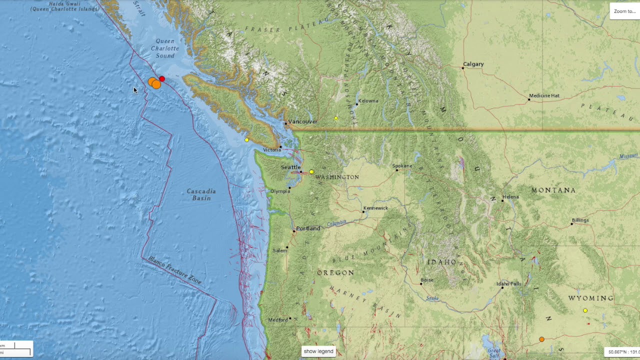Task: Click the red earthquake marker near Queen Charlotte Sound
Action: (162, 79)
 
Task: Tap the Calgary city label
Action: (473, 64)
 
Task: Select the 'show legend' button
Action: (318, 351)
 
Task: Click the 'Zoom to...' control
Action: (624, 11)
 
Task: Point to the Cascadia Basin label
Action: (201, 194)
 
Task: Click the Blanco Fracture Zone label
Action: (174, 270)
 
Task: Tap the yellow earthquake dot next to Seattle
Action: (311, 172)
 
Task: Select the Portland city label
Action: (308, 228)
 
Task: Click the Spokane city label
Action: (402, 166)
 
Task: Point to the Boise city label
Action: (427, 280)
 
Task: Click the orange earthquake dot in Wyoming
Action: (541, 339)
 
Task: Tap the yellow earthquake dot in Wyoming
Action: (585, 310)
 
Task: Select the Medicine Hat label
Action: (544, 95)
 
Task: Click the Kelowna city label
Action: (368, 101)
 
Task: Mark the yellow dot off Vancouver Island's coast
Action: (246, 140)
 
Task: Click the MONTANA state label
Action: (553, 190)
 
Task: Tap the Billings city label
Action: (580, 220)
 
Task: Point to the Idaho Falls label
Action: (509, 284)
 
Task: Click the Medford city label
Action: (278, 320)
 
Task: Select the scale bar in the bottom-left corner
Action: (16, 348)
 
